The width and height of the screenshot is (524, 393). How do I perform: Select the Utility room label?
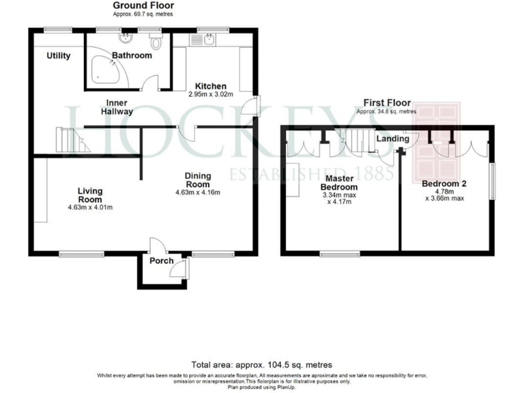[59, 55]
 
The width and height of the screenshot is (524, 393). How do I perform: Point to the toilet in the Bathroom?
[158, 44]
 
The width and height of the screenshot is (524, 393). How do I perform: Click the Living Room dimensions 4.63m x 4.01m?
[89, 207]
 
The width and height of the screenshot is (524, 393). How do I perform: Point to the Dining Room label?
[198, 180]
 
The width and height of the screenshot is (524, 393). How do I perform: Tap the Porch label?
[162, 261]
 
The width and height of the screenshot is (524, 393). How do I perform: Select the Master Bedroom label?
[339, 182]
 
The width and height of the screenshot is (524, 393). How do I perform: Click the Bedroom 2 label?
[443, 184]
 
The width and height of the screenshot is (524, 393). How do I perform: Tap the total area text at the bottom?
[262, 365]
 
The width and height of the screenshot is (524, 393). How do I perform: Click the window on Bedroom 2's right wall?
[492, 181]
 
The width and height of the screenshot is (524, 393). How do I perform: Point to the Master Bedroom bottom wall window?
[340, 254]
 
